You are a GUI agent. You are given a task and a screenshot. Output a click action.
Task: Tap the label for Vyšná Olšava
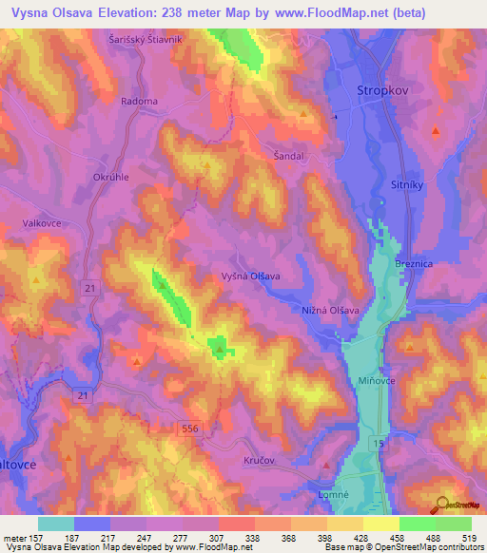click(252, 276)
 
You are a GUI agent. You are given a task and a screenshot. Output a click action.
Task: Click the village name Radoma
click(139, 100)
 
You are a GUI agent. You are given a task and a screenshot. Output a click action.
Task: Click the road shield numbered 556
click(189, 430)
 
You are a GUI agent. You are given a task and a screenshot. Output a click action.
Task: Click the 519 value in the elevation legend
click(468, 537)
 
